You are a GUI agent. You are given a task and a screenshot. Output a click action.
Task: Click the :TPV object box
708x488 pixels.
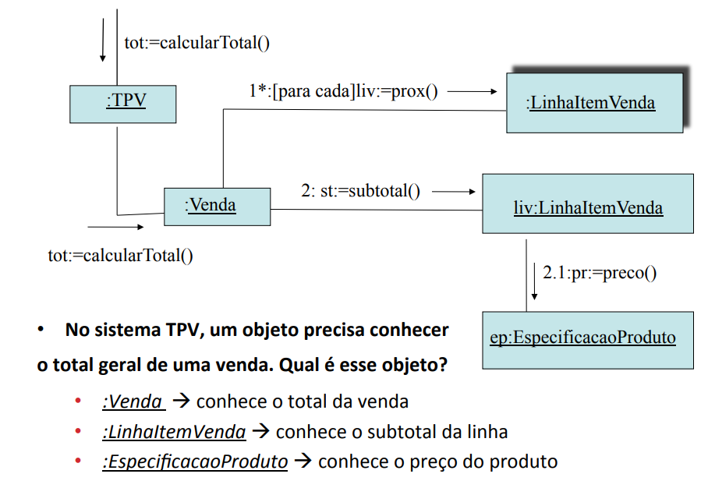[123, 104]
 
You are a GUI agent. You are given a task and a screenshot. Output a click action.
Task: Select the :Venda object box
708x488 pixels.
[218, 207]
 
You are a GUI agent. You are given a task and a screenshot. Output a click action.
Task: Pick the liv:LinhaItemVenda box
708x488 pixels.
[588, 203]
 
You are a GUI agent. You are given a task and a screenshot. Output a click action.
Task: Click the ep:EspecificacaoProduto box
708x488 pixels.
[588, 340]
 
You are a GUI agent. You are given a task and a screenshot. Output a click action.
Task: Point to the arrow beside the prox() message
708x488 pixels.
[472, 91]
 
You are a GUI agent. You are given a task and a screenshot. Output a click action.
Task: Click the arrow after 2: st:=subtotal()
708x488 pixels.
[453, 192]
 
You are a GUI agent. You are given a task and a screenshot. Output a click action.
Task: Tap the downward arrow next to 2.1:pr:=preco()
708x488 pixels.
[534, 281]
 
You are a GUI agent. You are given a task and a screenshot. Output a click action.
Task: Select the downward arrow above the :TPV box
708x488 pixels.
[103, 40]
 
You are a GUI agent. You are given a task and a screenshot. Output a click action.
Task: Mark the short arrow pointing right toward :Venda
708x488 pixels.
[115, 227]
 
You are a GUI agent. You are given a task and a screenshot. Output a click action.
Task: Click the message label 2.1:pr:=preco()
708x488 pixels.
[600, 273]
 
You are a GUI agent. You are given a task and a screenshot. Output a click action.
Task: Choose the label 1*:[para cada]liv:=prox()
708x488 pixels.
[343, 91]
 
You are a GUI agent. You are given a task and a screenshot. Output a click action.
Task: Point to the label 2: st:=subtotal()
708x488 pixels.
[361, 191]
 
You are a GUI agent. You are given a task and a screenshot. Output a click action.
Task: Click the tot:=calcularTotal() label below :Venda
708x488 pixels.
[121, 256]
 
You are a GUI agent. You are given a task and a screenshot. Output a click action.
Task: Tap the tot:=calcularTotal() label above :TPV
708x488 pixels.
[196, 43]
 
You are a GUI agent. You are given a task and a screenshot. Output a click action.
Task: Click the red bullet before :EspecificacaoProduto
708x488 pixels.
[78, 461]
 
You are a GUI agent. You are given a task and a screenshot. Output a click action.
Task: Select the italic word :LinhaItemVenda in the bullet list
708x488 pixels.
[175, 432]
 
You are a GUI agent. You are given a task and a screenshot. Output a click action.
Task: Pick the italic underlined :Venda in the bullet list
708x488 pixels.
[133, 401]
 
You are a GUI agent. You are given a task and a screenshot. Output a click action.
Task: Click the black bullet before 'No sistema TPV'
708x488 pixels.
[41, 329]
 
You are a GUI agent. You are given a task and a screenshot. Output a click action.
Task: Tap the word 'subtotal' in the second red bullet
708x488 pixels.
[402, 432]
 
